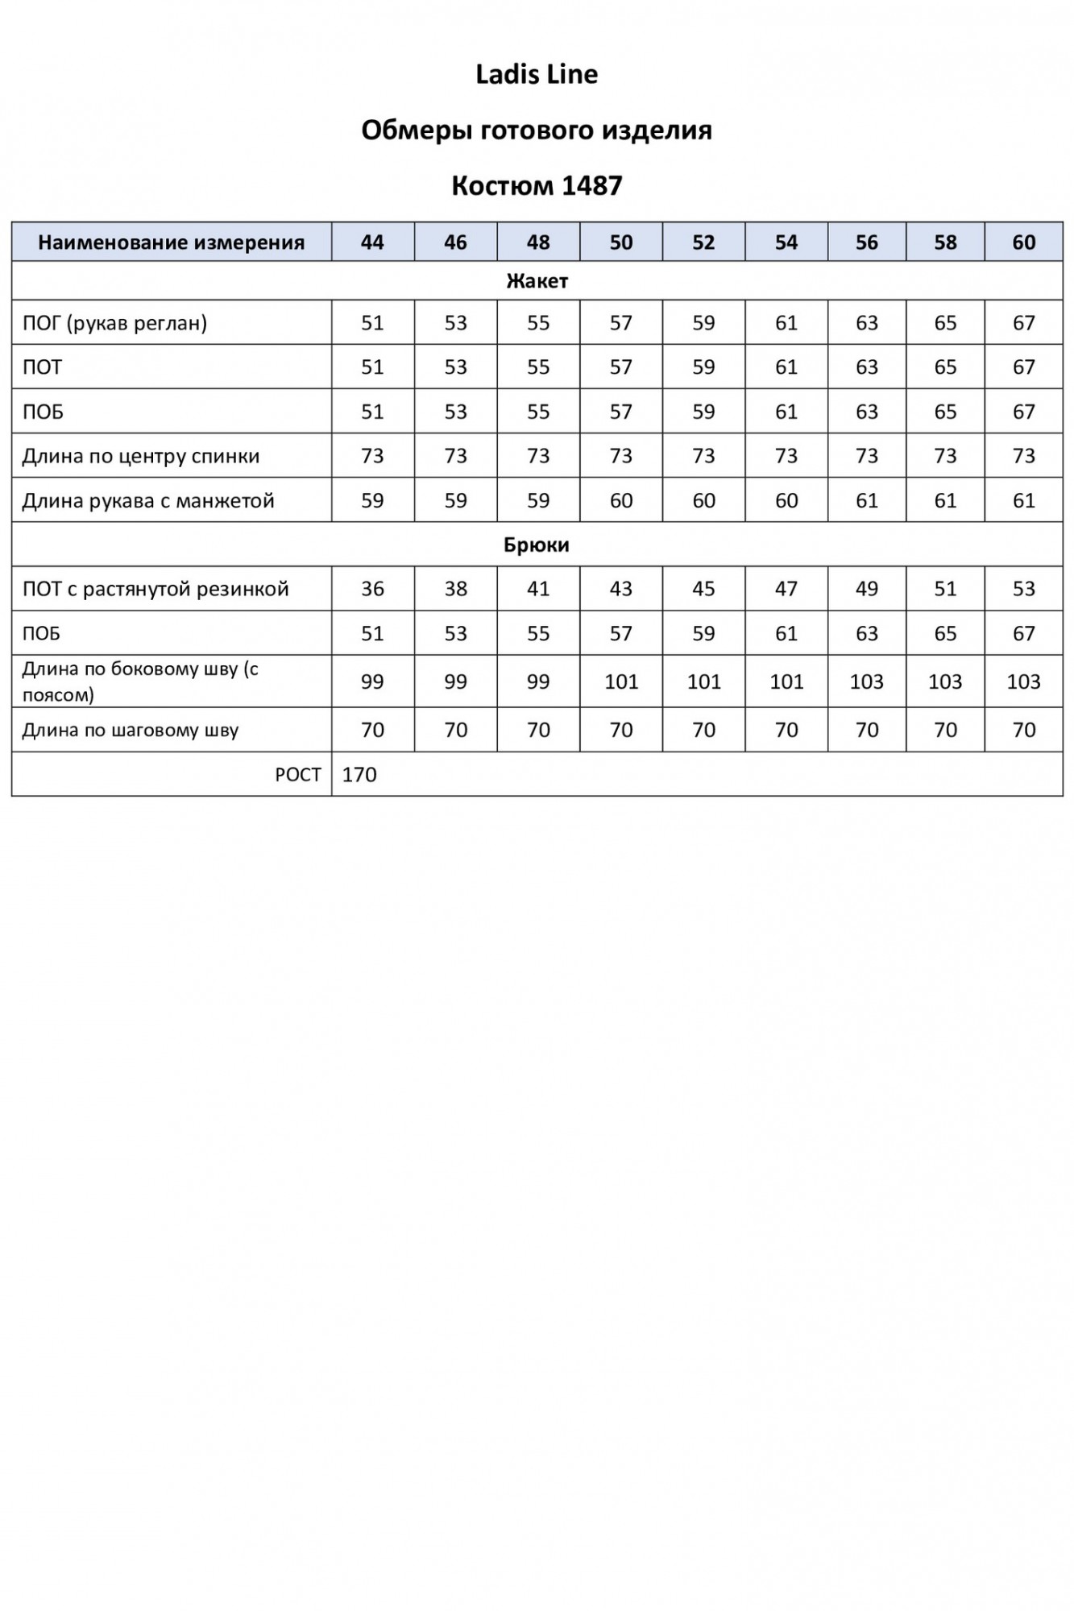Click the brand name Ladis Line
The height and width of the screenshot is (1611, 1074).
(537, 75)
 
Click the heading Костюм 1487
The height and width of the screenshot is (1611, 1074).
(537, 186)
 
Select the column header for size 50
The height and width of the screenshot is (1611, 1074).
(620, 242)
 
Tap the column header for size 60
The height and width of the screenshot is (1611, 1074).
(1023, 242)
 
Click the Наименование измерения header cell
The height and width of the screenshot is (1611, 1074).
(171, 242)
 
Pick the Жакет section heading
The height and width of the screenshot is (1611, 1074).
(537, 281)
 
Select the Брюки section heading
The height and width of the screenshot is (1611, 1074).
(537, 545)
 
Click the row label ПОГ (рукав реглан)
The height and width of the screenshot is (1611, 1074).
(114, 323)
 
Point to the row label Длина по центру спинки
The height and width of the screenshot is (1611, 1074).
(141, 457)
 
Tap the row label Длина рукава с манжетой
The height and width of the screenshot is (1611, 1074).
(148, 501)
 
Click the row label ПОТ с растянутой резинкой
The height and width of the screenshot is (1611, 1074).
(156, 589)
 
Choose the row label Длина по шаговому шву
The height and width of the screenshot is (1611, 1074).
(131, 731)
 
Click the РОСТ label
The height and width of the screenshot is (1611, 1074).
(298, 775)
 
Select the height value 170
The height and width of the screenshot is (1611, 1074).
(359, 775)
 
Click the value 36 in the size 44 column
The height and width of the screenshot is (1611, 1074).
(372, 589)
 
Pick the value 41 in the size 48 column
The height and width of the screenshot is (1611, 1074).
(537, 589)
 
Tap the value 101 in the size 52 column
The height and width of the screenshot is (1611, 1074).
(703, 682)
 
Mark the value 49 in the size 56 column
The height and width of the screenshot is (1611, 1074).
(866, 589)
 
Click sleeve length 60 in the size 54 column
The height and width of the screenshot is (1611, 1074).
(786, 501)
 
